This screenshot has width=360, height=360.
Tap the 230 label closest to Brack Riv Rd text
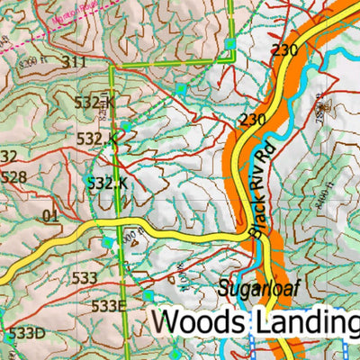pos(252,119)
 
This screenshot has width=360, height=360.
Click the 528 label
pos(13,177)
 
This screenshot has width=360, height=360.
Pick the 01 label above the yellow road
pos(49,215)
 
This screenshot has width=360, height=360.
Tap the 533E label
pos(107,305)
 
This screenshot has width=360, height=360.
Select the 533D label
pos(26,334)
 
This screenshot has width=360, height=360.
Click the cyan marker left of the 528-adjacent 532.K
pos(88,182)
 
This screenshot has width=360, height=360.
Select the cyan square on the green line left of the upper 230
pos(230,44)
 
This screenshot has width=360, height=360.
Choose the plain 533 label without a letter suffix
pos(84,278)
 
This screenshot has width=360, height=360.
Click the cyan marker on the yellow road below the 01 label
pos(108,242)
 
